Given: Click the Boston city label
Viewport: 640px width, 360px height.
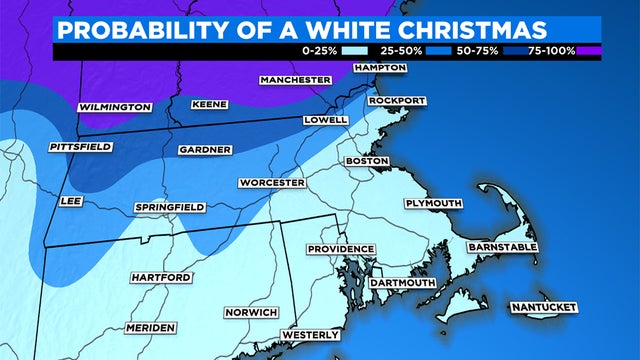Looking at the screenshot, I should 367,161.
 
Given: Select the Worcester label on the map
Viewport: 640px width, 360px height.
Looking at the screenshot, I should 271,183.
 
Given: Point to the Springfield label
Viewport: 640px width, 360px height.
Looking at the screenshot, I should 170,207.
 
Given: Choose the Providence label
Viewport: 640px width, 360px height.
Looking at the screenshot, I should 341,249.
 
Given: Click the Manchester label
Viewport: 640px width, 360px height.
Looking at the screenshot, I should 295,79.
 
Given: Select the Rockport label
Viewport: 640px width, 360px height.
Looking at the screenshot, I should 397,101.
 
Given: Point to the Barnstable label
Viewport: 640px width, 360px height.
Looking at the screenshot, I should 503,246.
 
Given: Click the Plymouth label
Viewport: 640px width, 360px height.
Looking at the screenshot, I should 433,203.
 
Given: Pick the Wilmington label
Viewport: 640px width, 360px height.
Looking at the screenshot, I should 115,107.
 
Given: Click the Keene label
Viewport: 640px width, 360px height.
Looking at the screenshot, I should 210,104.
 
